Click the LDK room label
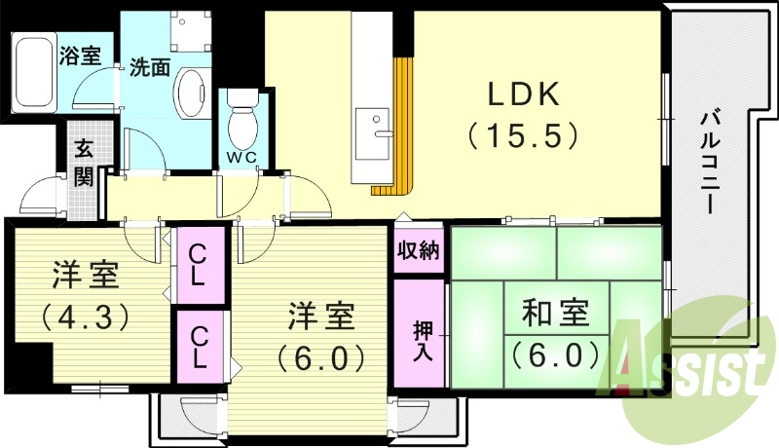tap(523, 95)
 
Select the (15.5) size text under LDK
tap(524, 134)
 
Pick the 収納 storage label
tap(419, 250)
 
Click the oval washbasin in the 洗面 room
tap(189, 93)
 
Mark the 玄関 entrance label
tap(85, 163)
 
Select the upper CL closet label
tap(198, 264)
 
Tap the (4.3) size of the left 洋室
tap(85, 317)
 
